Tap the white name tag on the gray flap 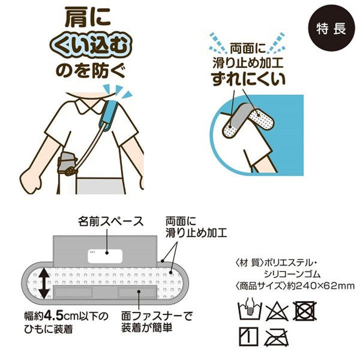click(x=106, y=255)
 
